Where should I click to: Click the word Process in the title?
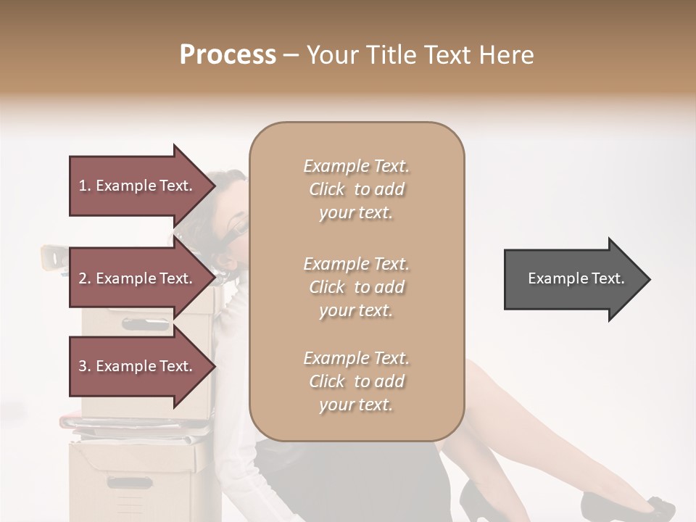(228, 55)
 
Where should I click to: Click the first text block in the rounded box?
(356, 189)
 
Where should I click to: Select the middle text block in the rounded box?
(356, 287)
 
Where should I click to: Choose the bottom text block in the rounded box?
(356, 381)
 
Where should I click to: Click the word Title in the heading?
(392, 55)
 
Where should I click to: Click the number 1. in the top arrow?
(85, 186)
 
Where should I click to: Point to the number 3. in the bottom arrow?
(85, 366)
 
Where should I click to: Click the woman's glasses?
(240, 228)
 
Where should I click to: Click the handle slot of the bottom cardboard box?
(130, 482)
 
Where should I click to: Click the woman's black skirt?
(290, 471)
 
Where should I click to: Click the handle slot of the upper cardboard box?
(145, 324)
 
